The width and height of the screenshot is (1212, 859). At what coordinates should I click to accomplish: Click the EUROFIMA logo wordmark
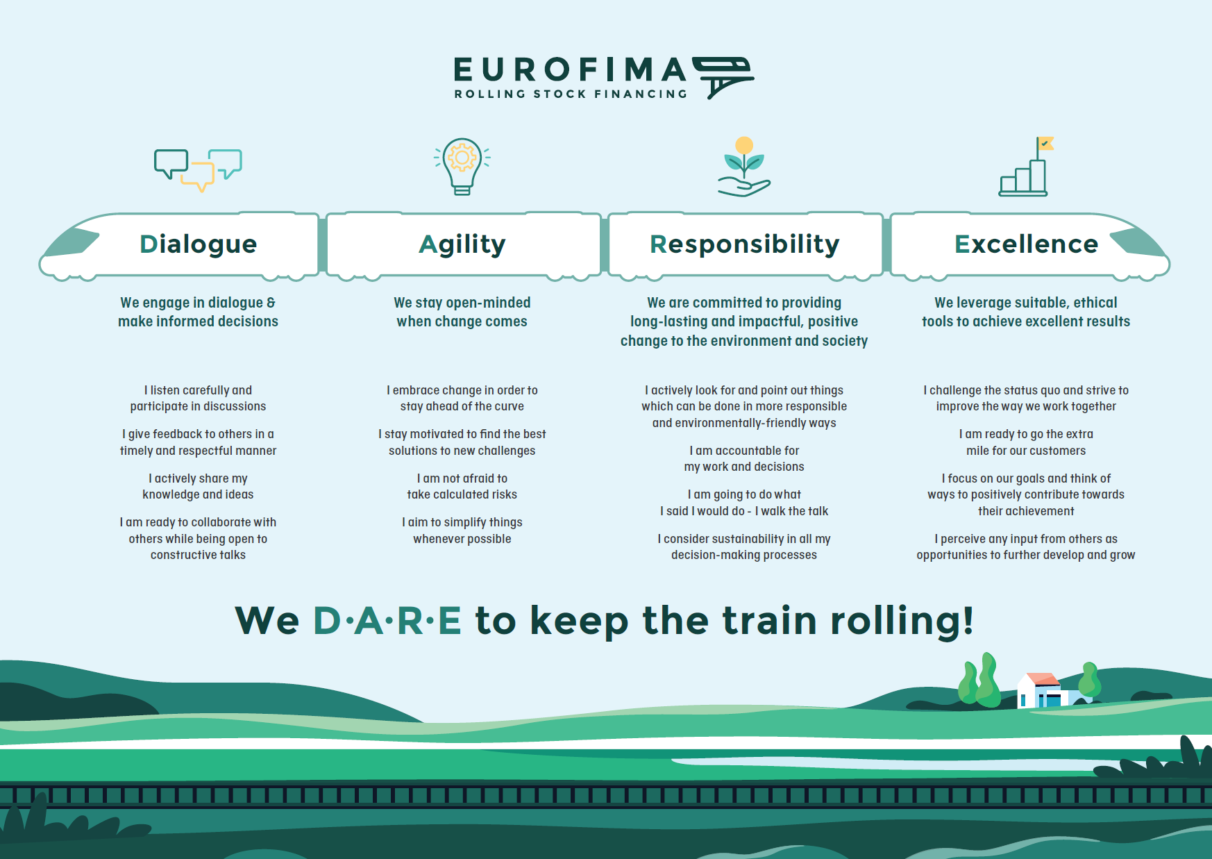[570, 69]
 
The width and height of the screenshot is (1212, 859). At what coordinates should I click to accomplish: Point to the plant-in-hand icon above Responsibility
[744, 167]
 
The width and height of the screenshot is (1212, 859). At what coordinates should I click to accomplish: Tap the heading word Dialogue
[199, 244]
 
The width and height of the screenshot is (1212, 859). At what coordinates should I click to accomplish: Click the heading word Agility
[462, 245]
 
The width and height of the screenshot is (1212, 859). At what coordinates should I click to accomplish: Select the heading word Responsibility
[745, 245]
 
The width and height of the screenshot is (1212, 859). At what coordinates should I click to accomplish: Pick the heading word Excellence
[1027, 244]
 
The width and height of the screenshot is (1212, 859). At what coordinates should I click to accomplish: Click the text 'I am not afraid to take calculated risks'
[462, 486]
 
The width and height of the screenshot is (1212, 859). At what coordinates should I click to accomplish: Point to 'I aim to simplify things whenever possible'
[462, 531]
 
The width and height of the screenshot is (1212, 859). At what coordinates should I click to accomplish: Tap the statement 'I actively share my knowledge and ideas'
[198, 486]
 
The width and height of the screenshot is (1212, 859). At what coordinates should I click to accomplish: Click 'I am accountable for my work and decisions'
[744, 458]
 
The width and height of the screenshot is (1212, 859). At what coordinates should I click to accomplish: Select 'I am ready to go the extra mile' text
[1026, 442]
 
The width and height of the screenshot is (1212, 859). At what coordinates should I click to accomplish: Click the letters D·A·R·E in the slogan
[387, 620]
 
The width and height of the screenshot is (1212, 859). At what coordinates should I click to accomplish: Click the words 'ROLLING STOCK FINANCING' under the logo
[571, 94]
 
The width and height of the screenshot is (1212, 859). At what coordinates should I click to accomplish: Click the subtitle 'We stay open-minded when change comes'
[462, 312]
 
